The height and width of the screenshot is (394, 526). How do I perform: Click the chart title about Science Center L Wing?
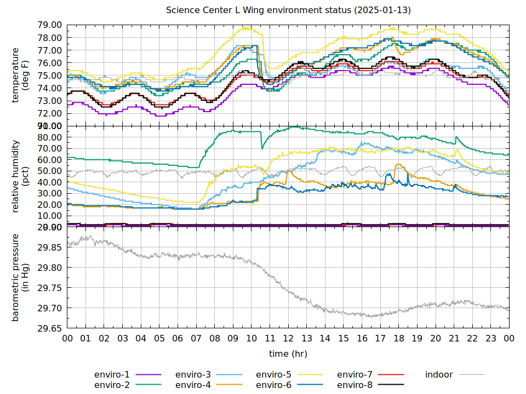[289, 10]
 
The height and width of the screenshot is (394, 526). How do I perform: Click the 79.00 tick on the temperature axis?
[49, 25]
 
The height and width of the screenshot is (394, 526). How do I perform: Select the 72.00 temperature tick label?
[49, 114]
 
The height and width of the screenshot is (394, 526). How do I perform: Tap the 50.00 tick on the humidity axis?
[49, 171]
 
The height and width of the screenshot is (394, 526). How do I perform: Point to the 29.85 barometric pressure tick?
[49, 247]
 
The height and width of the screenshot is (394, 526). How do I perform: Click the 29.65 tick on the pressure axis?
[49, 328]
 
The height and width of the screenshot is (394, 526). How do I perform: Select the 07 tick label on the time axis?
[196, 339]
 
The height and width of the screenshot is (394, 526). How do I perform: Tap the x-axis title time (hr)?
[288, 354]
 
